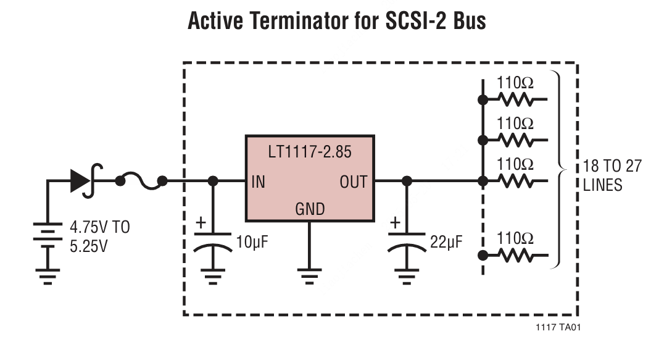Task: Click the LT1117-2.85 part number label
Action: [x=310, y=153]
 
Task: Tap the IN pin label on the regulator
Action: [x=258, y=182]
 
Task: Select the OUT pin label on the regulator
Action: [x=353, y=182]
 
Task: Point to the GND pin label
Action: [x=310, y=209]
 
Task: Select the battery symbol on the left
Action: [x=46, y=235]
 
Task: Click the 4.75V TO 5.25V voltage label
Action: [x=99, y=237]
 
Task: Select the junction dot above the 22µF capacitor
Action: [x=407, y=181]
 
